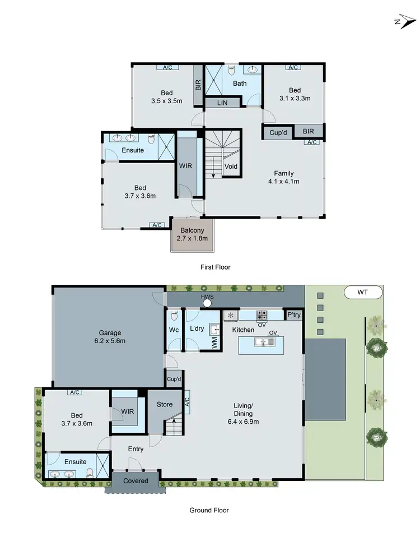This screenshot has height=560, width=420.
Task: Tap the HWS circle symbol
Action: click(x=207, y=303)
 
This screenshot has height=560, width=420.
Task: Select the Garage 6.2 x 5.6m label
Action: click(x=110, y=336)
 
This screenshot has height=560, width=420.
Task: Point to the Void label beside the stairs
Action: click(x=231, y=166)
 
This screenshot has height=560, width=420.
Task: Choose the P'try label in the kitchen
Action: click(x=293, y=315)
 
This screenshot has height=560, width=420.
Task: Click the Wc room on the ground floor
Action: click(x=174, y=330)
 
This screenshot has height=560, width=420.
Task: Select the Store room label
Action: click(x=165, y=404)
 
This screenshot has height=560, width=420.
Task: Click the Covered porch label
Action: click(x=136, y=481)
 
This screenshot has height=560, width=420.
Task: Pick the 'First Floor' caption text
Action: click(x=215, y=267)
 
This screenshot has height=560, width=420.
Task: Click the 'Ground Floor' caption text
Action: click(x=209, y=510)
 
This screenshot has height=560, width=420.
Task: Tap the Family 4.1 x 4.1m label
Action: click(x=283, y=177)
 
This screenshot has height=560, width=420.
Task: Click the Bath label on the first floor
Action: click(x=240, y=84)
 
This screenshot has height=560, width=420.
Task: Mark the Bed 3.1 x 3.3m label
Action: click(x=295, y=94)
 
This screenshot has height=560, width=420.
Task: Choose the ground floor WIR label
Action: click(x=128, y=411)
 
